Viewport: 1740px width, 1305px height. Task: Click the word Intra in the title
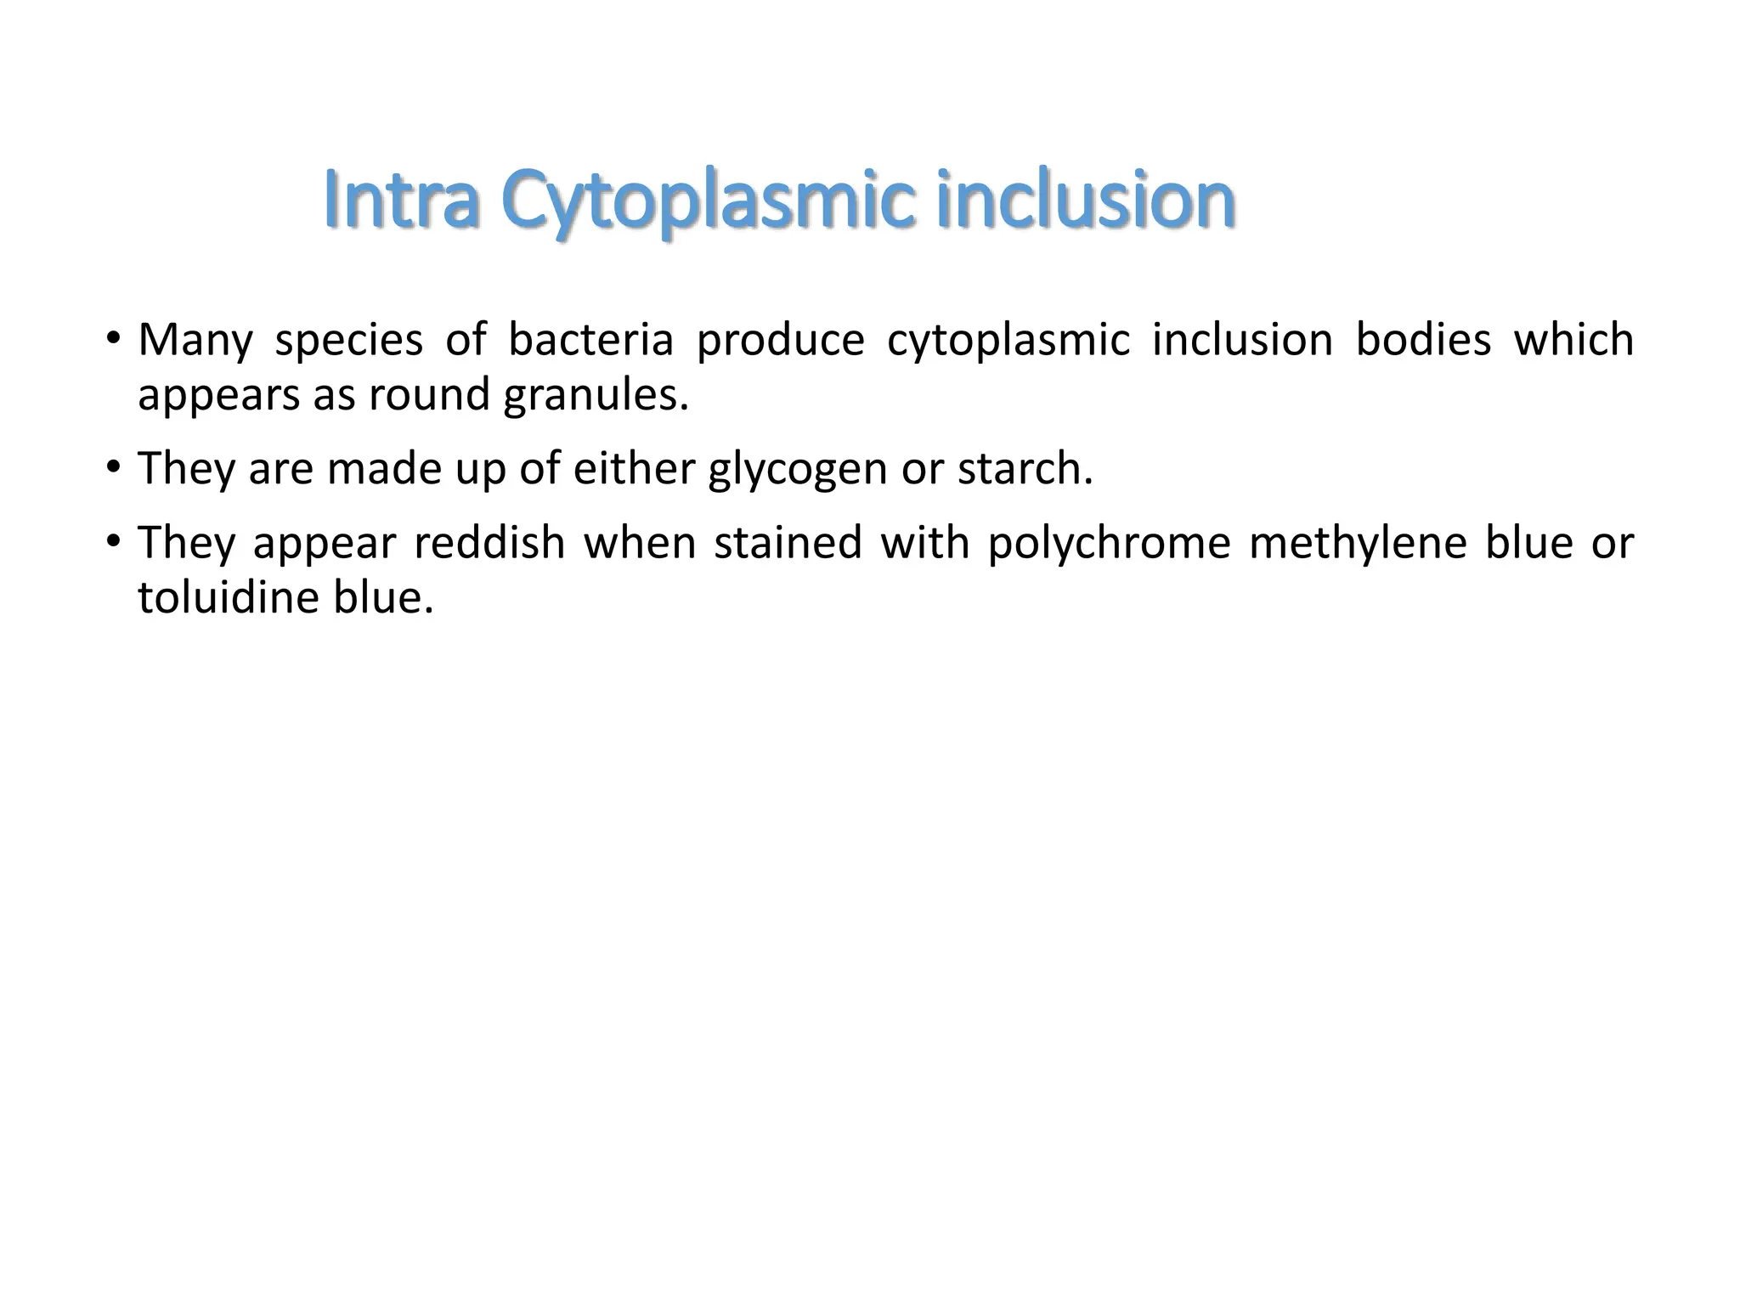[x=403, y=201]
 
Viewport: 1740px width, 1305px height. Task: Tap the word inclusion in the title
[x=1085, y=201]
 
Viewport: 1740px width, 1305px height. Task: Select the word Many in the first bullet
[x=195, y=341]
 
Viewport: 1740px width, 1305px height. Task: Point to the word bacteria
[x=590, y=340]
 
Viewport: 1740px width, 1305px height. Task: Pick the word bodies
[x=1423, y=340]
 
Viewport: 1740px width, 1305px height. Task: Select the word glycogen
[x=798, y=471]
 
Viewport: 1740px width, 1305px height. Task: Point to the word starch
[x=1025, y=469]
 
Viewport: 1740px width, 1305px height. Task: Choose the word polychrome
[x=1109, y=545]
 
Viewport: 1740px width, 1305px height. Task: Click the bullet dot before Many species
[x=113, y=339]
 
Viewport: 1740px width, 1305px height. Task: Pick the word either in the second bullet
[x=634, y=469]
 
